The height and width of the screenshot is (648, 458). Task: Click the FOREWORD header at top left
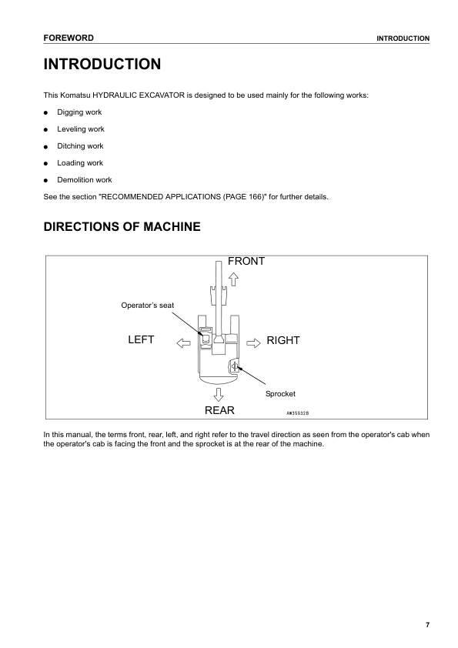coord(69,38)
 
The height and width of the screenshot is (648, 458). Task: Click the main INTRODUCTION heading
coord(102,64)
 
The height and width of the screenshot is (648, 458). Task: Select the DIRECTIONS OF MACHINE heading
coord(122,227)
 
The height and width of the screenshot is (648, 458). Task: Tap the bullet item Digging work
coord(79,112)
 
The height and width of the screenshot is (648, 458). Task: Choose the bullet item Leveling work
coord(81,129)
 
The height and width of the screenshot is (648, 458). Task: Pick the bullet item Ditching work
coord(80,146)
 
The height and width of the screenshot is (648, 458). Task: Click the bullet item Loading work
coord(80,163)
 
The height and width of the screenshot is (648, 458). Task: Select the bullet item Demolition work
coord(85,180)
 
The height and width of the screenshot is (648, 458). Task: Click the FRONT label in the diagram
coord(246,262)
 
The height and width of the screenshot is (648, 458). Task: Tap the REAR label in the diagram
coord(219,410)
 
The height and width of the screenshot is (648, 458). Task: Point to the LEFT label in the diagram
coord(141,340)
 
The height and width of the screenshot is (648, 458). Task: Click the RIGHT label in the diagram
coord(282,340)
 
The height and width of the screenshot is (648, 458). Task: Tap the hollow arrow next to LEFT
coord(183,341)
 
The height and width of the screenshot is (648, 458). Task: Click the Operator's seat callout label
coord(148,306)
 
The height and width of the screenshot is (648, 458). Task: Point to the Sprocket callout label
coord(280,393)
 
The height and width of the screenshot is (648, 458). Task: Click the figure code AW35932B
coord(298,413)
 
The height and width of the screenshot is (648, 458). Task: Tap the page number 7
coord(427,624)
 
